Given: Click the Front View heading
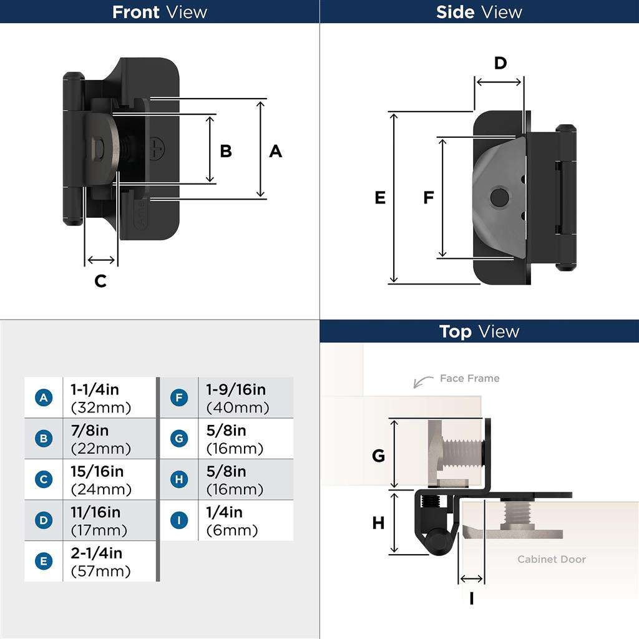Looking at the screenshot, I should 159,12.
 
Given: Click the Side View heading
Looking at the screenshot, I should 479,12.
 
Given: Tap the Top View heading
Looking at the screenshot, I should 479,331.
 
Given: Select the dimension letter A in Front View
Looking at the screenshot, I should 275,151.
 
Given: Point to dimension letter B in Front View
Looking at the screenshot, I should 226,151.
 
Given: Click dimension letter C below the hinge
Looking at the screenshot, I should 100,281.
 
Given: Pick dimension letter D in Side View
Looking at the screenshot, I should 500,63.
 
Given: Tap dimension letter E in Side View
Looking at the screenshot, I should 380,198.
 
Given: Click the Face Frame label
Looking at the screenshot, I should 469,378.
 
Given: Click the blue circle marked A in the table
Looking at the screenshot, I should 43,398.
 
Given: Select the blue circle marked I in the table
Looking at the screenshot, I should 179,520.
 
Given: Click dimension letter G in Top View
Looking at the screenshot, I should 378,456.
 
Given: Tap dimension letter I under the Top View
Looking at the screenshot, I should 471,599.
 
